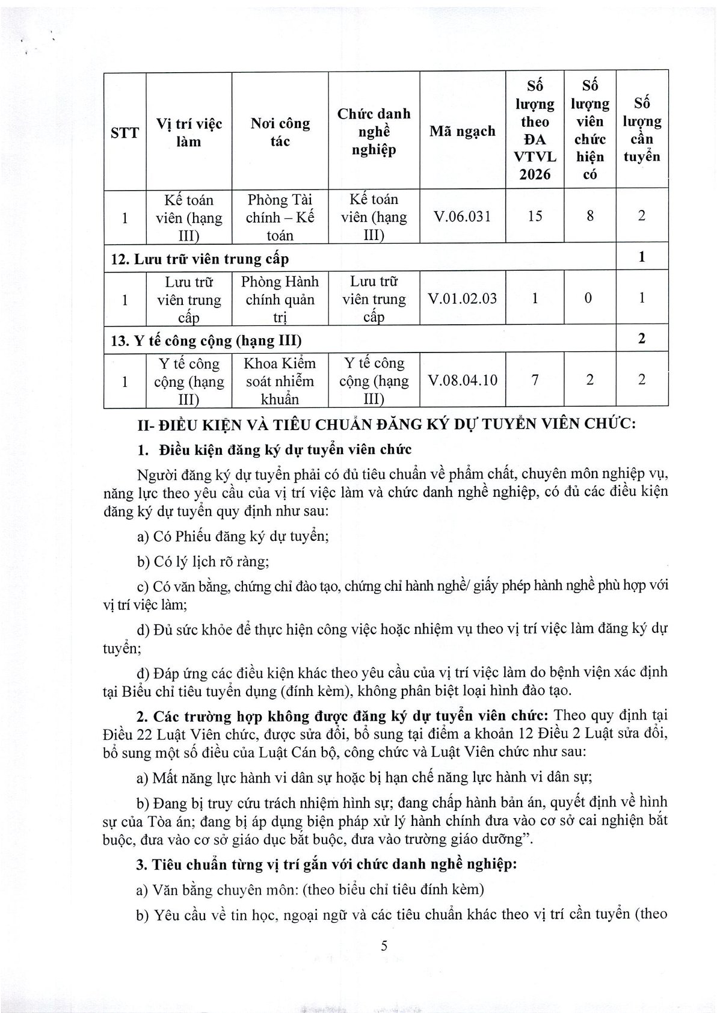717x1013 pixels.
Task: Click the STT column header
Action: (125, 132)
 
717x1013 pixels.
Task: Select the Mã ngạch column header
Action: (463, 131)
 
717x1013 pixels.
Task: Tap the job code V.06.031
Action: (463, 216)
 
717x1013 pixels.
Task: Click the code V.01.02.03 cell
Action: (463, 298)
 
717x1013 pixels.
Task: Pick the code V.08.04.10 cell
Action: (463, 380)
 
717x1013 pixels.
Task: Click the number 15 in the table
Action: (535, 216)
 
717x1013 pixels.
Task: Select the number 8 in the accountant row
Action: (590, 216)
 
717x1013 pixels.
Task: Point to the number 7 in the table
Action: (535, 380)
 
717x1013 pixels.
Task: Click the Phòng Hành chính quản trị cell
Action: (280, 299)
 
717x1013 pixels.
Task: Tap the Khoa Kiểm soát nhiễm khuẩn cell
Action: (280, 381)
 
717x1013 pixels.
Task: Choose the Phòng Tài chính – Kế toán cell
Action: (280, 217)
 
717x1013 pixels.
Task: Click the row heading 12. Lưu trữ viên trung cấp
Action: (200, 259)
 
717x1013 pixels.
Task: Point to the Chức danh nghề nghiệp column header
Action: (374, 131)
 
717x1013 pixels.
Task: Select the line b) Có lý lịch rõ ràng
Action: (203, 561)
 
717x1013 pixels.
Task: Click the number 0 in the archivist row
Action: (590, 298)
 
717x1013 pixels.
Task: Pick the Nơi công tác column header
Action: (280, 132)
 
